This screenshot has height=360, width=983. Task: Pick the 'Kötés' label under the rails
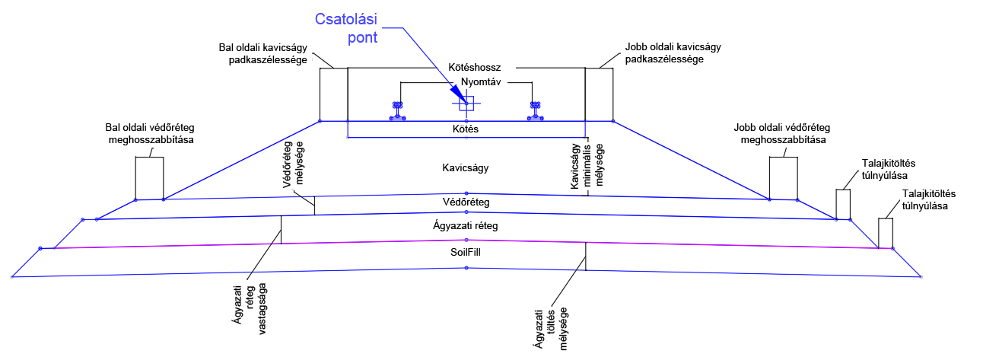pos(466,129)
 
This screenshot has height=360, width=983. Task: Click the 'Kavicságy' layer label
pos(465,167)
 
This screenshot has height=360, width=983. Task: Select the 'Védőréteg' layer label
pos(466,202)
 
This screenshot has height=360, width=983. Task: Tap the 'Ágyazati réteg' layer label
pos(466,226)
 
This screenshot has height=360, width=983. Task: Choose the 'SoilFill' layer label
pos(466,252)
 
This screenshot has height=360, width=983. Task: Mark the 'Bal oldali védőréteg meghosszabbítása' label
pos(149,134)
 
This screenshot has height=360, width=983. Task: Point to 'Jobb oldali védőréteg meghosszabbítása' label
pos(781,133)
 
